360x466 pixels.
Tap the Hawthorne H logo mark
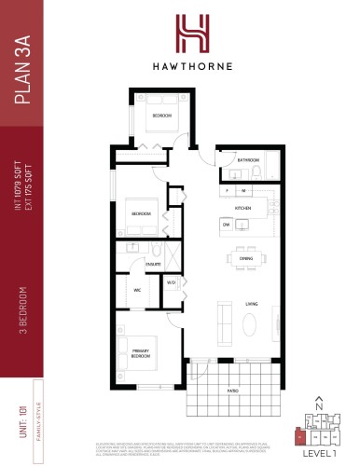[180, 34]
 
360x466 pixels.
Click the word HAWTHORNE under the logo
[180, 66]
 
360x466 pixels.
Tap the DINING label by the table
[246, 259]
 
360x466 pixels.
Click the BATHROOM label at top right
[248, 160]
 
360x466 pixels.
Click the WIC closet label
[136, 290]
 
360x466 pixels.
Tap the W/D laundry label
[171, 282]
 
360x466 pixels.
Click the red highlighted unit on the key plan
[297, 434]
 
